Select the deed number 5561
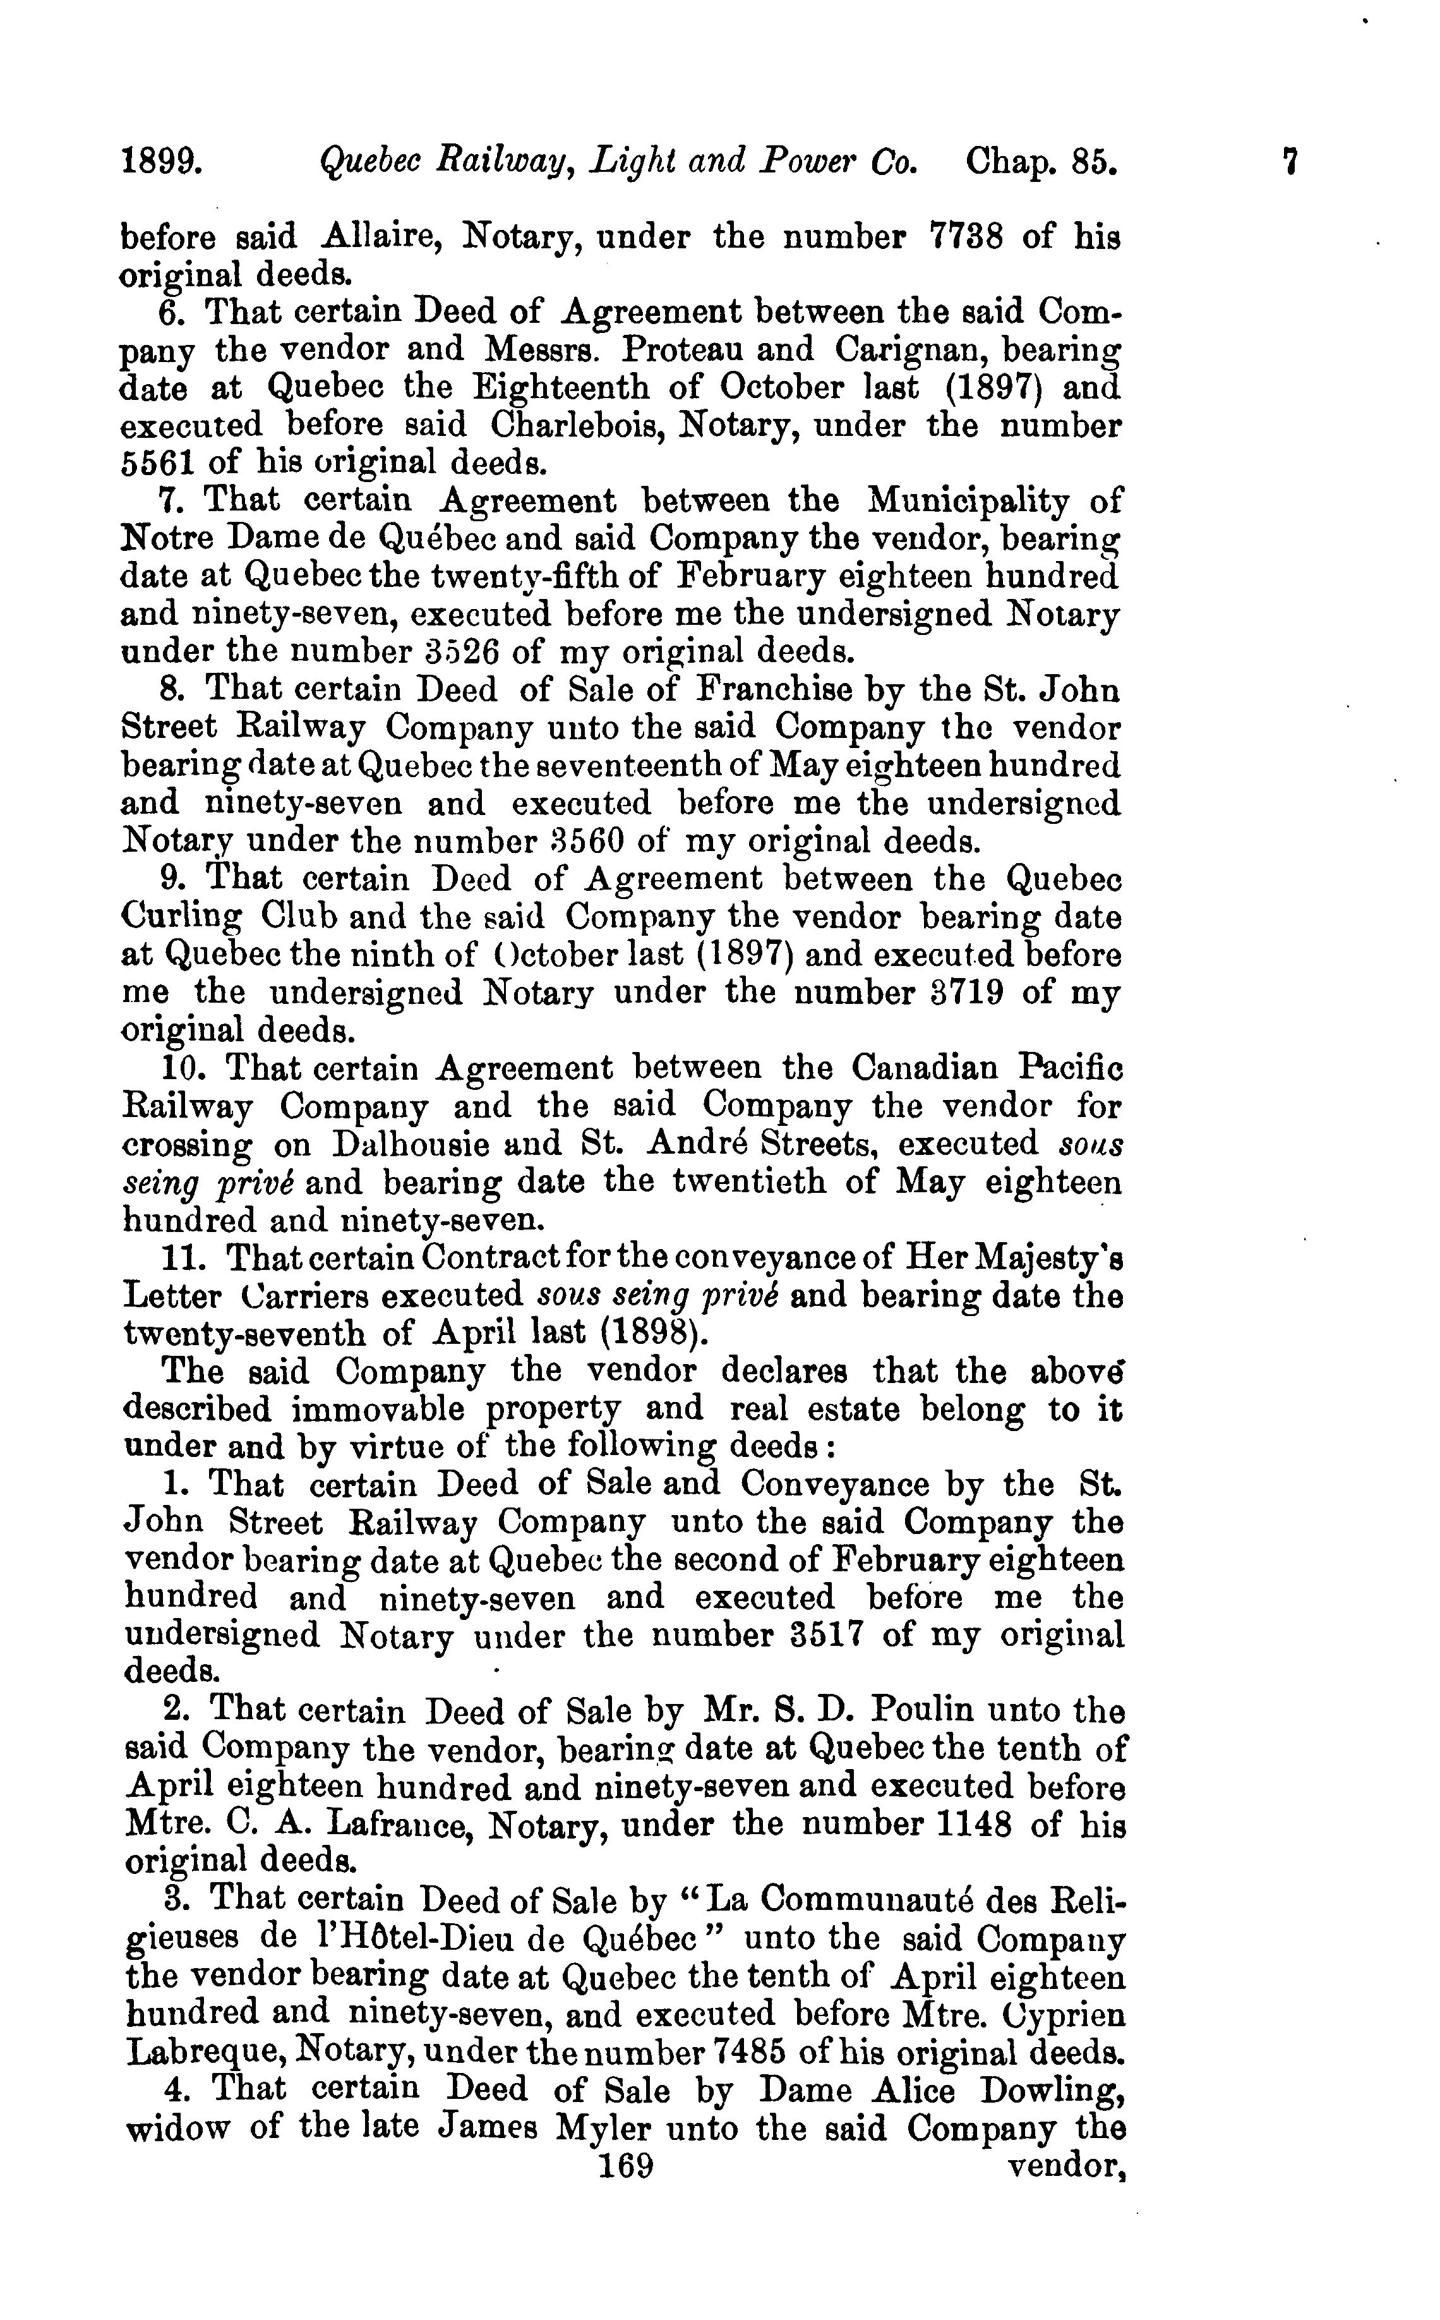158,463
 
